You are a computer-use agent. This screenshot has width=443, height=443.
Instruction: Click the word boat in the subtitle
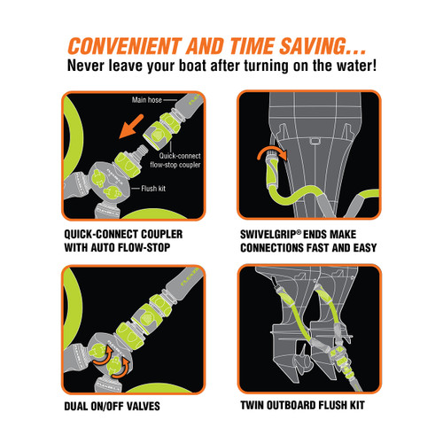tap(192, 66)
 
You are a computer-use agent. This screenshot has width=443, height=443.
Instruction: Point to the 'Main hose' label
tap(147, 100)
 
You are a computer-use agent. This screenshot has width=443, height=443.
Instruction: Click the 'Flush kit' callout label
tap(153, 189)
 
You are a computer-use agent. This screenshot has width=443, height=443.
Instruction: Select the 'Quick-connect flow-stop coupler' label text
tap(175, 160)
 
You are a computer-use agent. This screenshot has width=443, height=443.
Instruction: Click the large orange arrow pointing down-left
tap(131, 127)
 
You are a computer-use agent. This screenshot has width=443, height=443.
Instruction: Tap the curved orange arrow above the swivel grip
tap(272, 152)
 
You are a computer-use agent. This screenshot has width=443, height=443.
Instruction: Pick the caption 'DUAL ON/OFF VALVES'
tap(113, 406)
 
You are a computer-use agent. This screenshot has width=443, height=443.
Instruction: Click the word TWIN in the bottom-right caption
tap(252, 405)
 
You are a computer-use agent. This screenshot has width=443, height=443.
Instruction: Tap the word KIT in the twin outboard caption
tap(357, 405)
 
